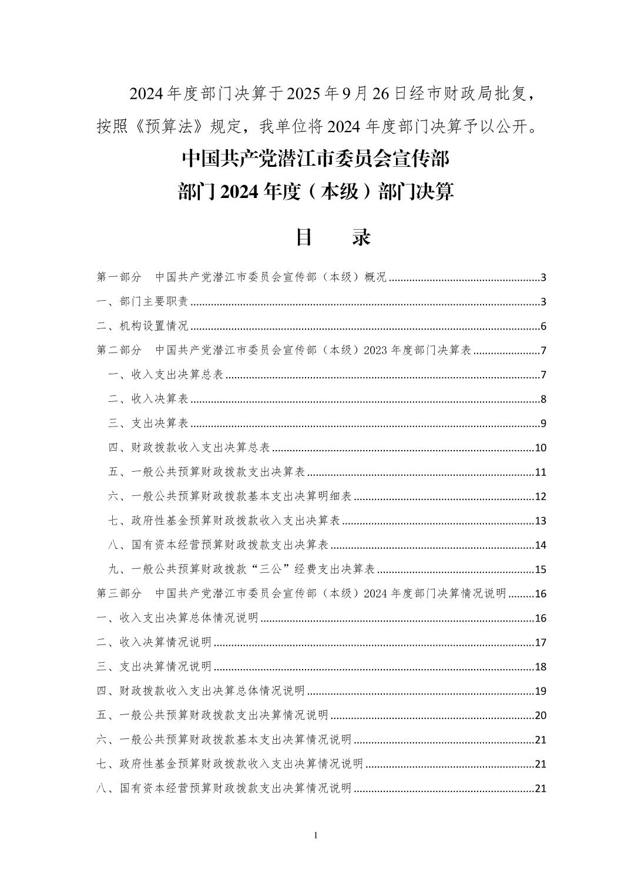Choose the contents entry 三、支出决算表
coord(148,424)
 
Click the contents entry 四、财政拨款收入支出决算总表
coord(189,448)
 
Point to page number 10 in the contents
coord(541,448)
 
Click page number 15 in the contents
coord(541,570)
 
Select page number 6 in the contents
coord(543,327)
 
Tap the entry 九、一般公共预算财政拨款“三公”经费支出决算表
coord(241,569)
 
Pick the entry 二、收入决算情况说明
coord(154,642)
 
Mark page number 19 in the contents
coord(541,691)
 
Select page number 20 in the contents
coord(541,716)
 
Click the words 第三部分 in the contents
coord(119,593)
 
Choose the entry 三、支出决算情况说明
coord(154,667)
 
